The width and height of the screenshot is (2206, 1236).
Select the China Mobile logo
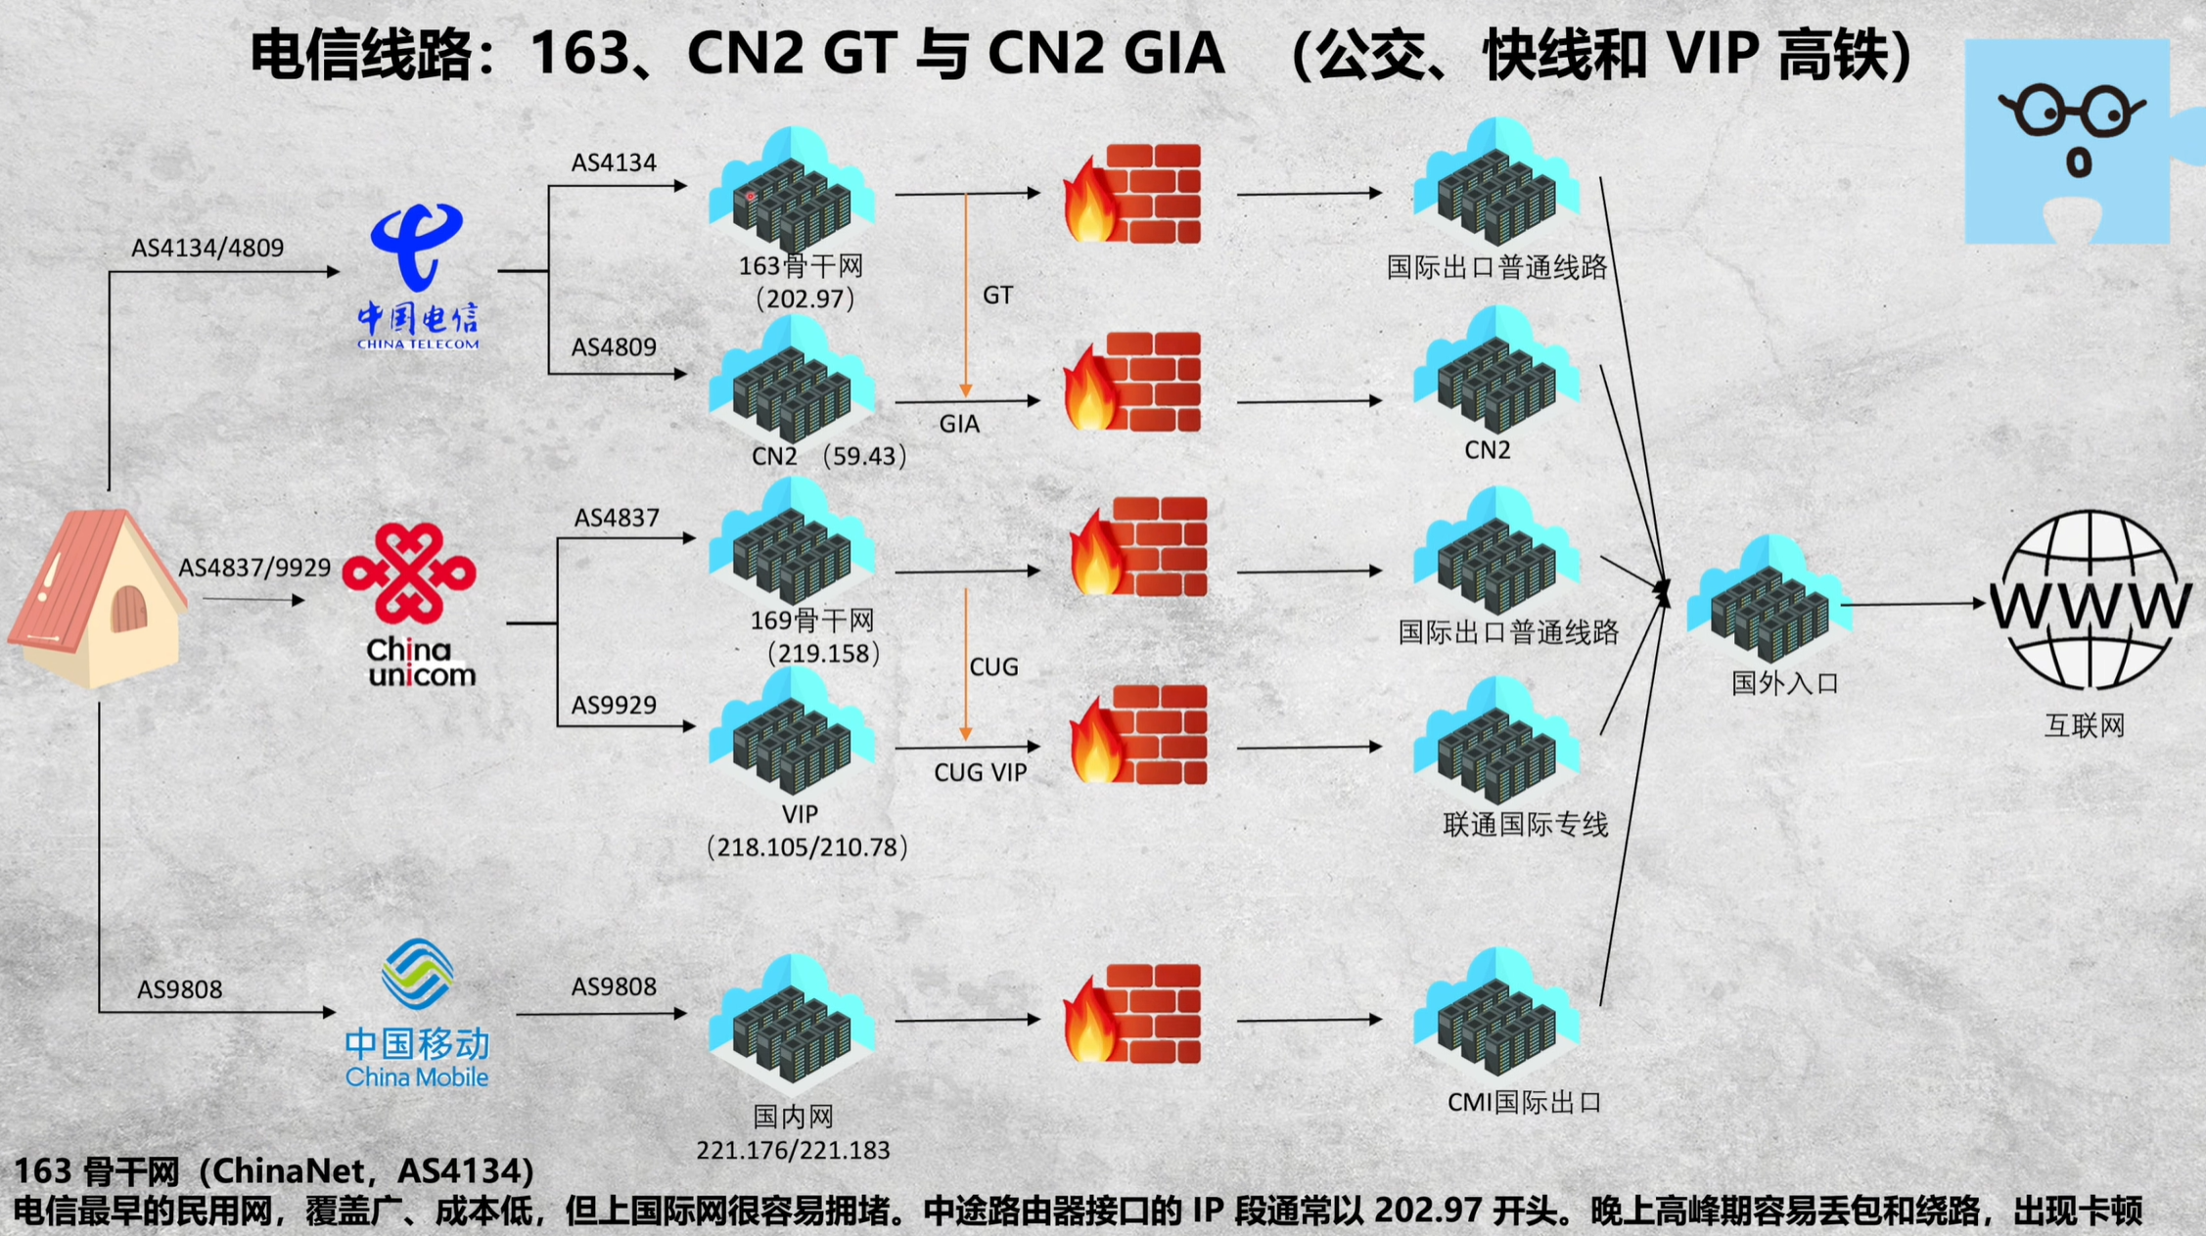[417, 1013]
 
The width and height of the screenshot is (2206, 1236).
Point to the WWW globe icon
[2091, 601]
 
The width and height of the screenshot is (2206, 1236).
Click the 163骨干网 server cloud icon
[793, 191]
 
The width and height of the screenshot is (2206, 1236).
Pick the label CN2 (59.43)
[828, 456]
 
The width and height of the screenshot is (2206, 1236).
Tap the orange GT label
[997, 295]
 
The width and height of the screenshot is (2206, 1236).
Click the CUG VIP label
[980, 773]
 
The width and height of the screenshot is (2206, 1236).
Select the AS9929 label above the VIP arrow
[614, 705]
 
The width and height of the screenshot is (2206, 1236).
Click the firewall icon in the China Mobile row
[1134, 1015]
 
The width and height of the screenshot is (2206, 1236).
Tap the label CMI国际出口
[1524, 1103]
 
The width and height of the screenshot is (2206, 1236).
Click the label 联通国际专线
[1526, 825]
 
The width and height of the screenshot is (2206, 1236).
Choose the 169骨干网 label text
[812, 619]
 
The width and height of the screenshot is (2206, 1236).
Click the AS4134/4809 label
[207, 248]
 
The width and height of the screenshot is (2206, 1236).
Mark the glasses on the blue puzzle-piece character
[2072, 110]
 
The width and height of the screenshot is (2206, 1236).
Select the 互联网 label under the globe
[2085, 725]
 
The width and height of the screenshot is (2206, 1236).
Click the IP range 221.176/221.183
[793, 1150]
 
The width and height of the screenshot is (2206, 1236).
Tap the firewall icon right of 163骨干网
[1134, 194]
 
